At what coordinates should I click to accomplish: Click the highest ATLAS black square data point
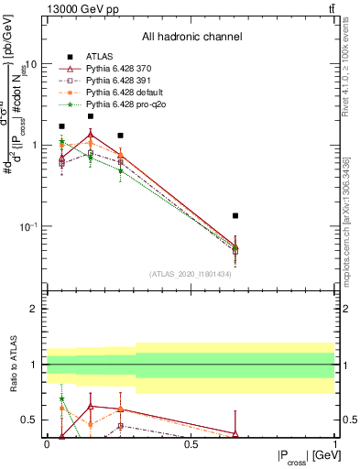[x=91, y=116]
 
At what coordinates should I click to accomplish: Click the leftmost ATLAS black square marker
[x=61, y=126]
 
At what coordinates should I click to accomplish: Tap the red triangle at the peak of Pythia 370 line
[x=91, y=135]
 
